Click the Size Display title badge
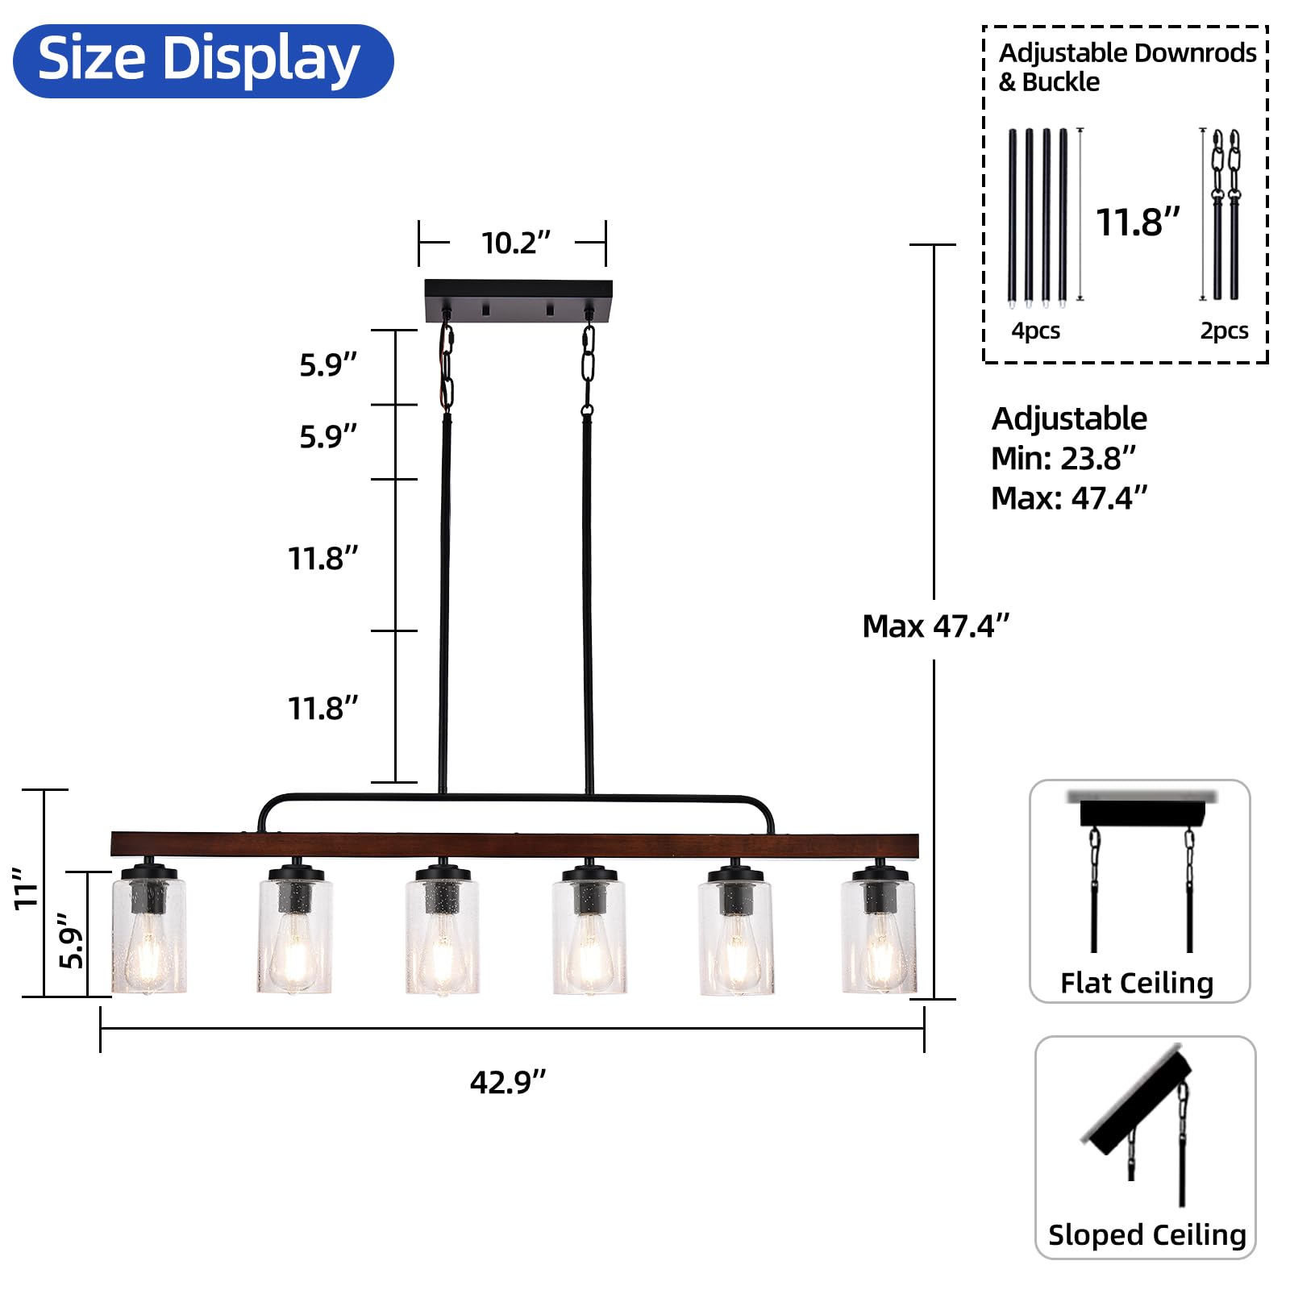tap(203, 61)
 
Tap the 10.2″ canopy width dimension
tap(516, 243)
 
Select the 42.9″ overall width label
tap(508, 1082)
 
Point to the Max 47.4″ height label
tap(935, 626)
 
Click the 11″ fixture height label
tap(27, 888)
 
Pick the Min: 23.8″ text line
tap(1063, 458)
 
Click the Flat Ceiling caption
tap(1137, 983)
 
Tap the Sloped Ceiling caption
tap(1146, 1234)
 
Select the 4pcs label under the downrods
tap(1036, 331)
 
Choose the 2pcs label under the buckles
tap(1224, 331)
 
